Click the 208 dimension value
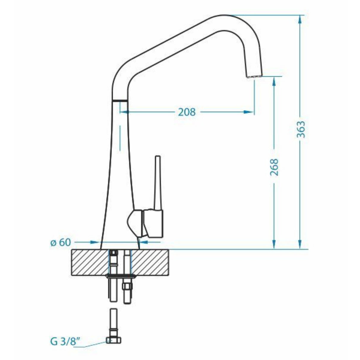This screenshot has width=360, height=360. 187,112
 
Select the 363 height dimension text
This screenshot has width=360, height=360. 300,129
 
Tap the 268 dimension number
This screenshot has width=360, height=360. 275,167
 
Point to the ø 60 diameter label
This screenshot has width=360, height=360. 60,242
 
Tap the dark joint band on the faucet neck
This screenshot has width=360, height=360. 120,100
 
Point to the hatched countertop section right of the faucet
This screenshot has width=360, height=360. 150,262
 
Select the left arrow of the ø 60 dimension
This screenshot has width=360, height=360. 95,242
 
